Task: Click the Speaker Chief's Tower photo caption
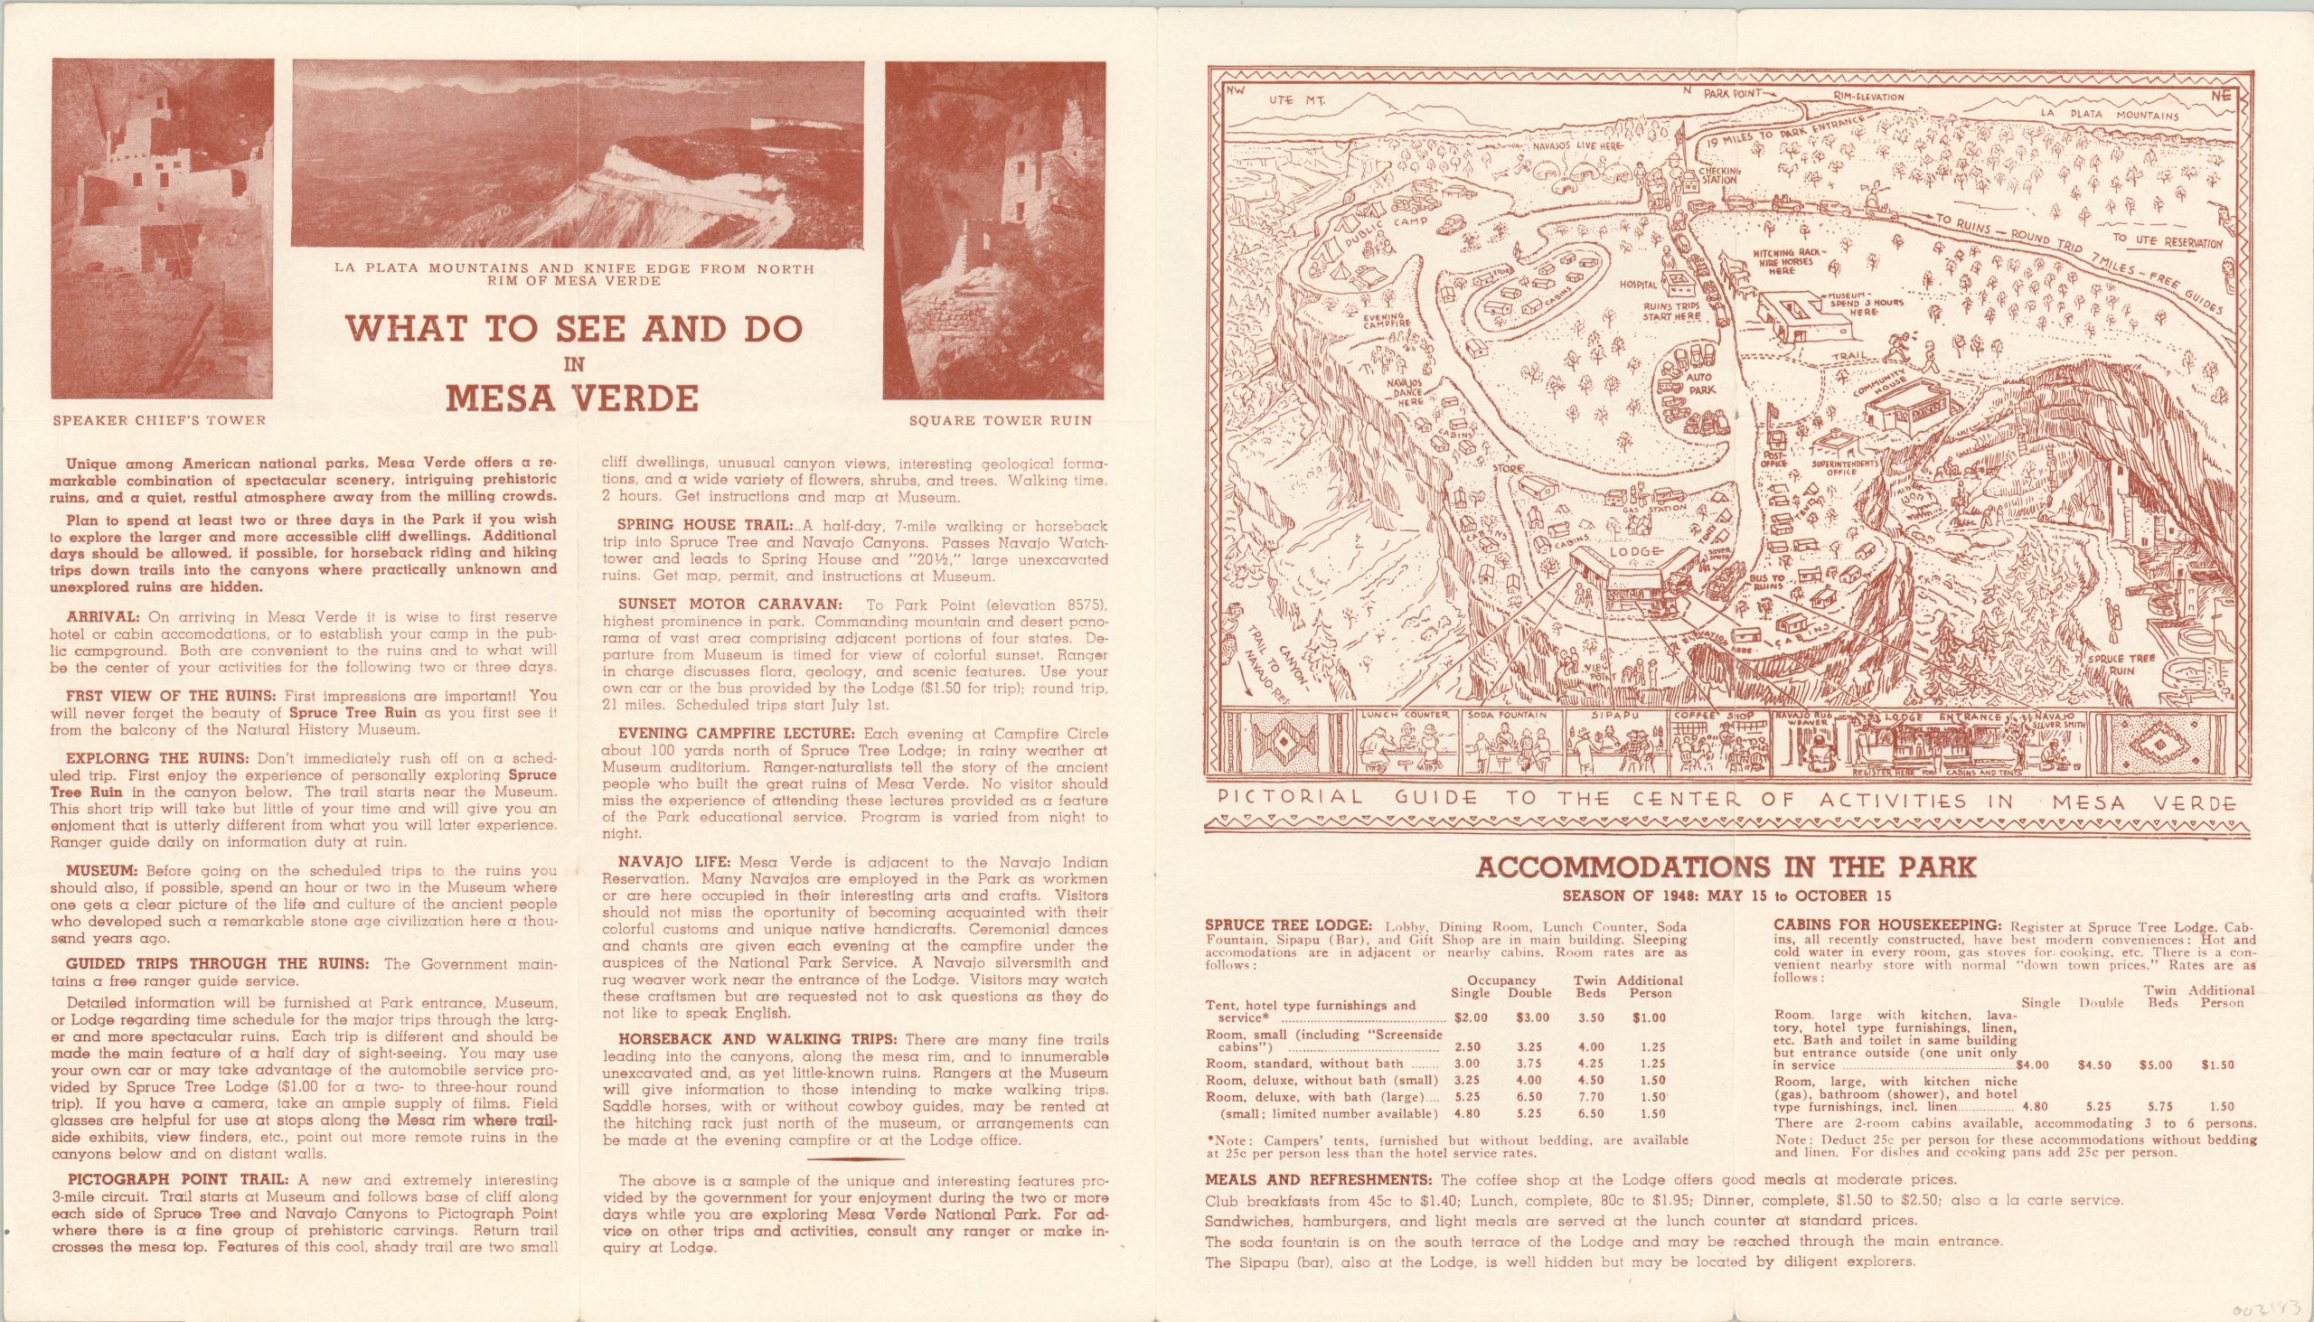159,420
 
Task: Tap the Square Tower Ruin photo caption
1000,420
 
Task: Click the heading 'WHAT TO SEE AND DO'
572,330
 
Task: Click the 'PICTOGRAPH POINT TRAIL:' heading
169,1179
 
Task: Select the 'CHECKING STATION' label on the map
1718,175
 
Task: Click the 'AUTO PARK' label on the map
1699,382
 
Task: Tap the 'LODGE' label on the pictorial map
1634,552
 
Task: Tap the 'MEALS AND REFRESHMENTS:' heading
1319,1180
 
